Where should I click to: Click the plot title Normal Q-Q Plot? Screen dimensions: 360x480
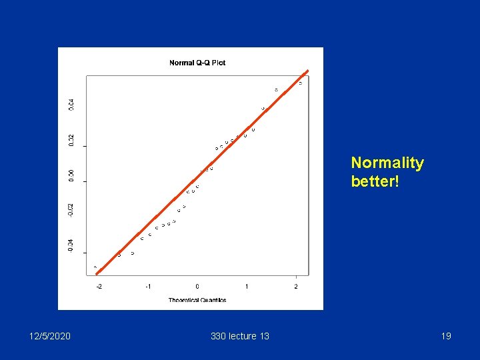(197, 63)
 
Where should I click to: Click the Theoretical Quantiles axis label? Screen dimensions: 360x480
(197, 300)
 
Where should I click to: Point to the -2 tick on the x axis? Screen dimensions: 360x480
(99, 287)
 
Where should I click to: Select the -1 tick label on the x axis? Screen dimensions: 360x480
(148, 287)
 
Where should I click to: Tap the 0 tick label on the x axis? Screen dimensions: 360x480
(197, 287)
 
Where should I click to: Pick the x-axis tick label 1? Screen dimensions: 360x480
(247, 287)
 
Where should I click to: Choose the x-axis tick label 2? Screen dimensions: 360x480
(296, 287)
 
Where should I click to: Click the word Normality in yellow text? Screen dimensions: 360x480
(387, 163)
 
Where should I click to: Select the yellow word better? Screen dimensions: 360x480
(375, 181)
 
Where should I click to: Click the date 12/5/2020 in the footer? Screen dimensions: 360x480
(49, 336)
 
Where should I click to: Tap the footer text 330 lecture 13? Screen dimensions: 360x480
(240, 336)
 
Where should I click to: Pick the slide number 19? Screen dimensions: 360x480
(446, 336)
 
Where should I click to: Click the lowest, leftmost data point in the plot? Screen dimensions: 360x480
(95, 267)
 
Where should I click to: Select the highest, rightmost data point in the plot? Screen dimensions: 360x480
(300, 83)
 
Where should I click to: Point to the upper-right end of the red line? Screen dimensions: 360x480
(307, 71)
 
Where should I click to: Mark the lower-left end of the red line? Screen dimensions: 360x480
(97, 273)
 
